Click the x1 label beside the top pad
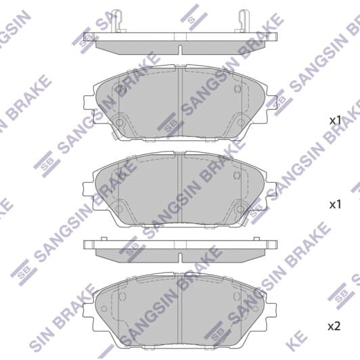pos(336,120)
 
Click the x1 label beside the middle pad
pos(336,204)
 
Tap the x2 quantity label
pos(334,326)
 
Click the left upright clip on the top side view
pos(118,22)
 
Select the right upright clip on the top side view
pos(242,22)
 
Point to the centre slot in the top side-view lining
pos(181,50)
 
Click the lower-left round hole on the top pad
pos(119,122)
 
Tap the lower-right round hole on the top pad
pos(241,122)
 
